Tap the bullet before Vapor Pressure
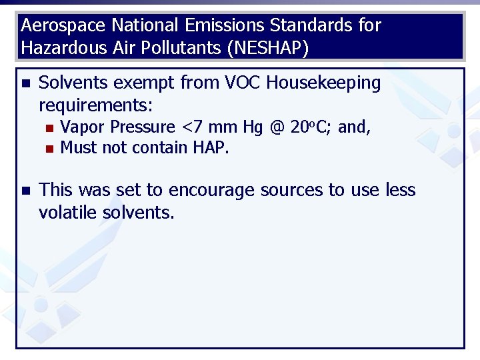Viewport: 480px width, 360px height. (x=46, y=127)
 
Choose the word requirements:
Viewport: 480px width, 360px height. (x=96, y=105)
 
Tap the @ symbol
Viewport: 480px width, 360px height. (x=276, y=127)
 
